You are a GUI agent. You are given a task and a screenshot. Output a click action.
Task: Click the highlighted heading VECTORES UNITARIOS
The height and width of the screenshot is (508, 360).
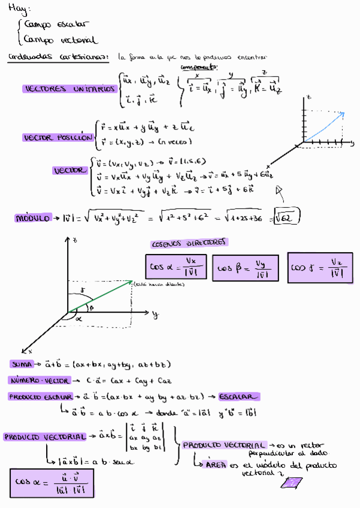pos(69,89)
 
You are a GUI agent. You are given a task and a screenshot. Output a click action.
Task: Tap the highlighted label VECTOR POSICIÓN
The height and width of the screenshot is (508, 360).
pos(58,138)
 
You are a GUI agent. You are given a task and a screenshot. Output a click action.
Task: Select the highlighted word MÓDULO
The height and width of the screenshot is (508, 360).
pos(32,219)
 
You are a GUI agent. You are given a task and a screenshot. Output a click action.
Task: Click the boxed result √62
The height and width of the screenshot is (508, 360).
pos(286,217)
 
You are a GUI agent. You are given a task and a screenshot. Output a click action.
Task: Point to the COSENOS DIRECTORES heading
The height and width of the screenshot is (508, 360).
pos(190,243)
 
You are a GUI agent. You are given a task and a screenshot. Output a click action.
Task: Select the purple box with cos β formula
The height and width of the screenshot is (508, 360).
pos(246,268)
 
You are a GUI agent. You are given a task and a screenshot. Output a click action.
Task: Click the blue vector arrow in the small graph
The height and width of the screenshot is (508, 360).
pos(326,126)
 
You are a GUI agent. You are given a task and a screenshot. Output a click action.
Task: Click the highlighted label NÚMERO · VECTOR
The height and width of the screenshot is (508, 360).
pos(38,380)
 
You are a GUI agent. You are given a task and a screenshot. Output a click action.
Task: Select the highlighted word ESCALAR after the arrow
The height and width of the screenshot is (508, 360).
pos(239,397)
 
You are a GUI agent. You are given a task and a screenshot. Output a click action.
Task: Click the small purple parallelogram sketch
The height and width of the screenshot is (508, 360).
pos(292,483)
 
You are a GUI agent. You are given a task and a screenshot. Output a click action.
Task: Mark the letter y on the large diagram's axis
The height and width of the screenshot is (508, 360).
pos(155,313)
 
